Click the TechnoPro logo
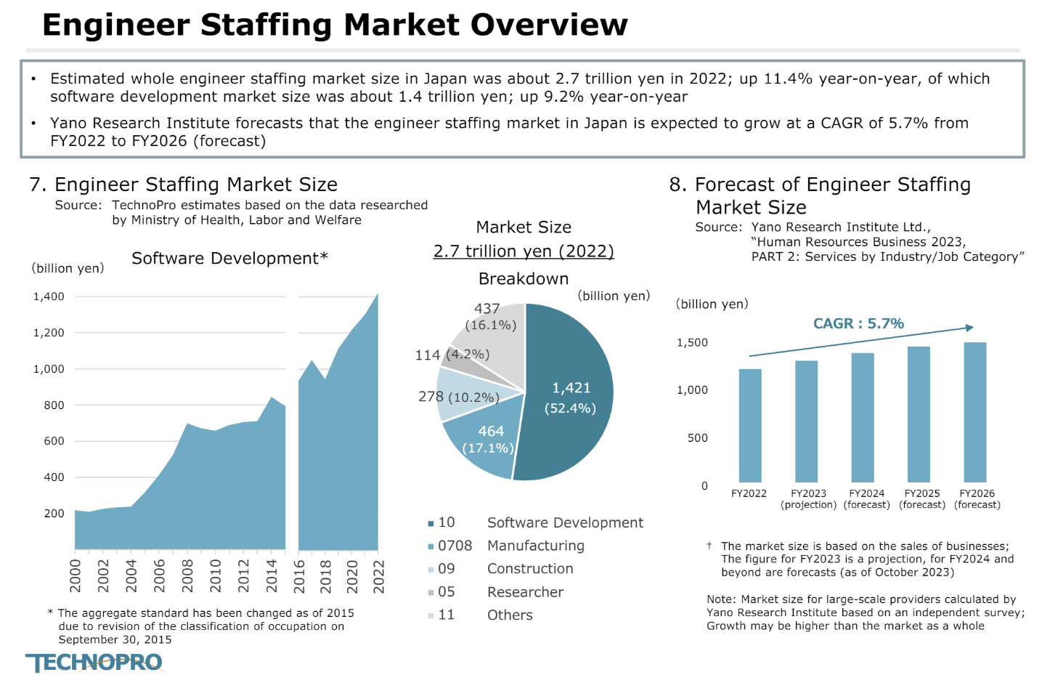[94, 662]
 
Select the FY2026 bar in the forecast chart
[974, 412]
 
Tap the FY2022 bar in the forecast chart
[749, 425]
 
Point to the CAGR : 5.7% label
[858, 323]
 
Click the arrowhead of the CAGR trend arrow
[969, 328]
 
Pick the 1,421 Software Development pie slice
[571, 396]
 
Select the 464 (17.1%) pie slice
[483, 443]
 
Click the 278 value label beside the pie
[431, 396]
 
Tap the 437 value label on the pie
[487, 309]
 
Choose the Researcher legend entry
[524, 592]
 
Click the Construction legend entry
[529, 569]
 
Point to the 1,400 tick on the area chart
[49, 296]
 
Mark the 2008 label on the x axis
[187, 575]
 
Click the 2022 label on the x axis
[378, 575]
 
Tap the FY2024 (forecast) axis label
[866, 499]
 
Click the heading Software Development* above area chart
[229, 258]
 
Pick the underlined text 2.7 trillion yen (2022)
[523, 251]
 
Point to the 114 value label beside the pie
[427, 355]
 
